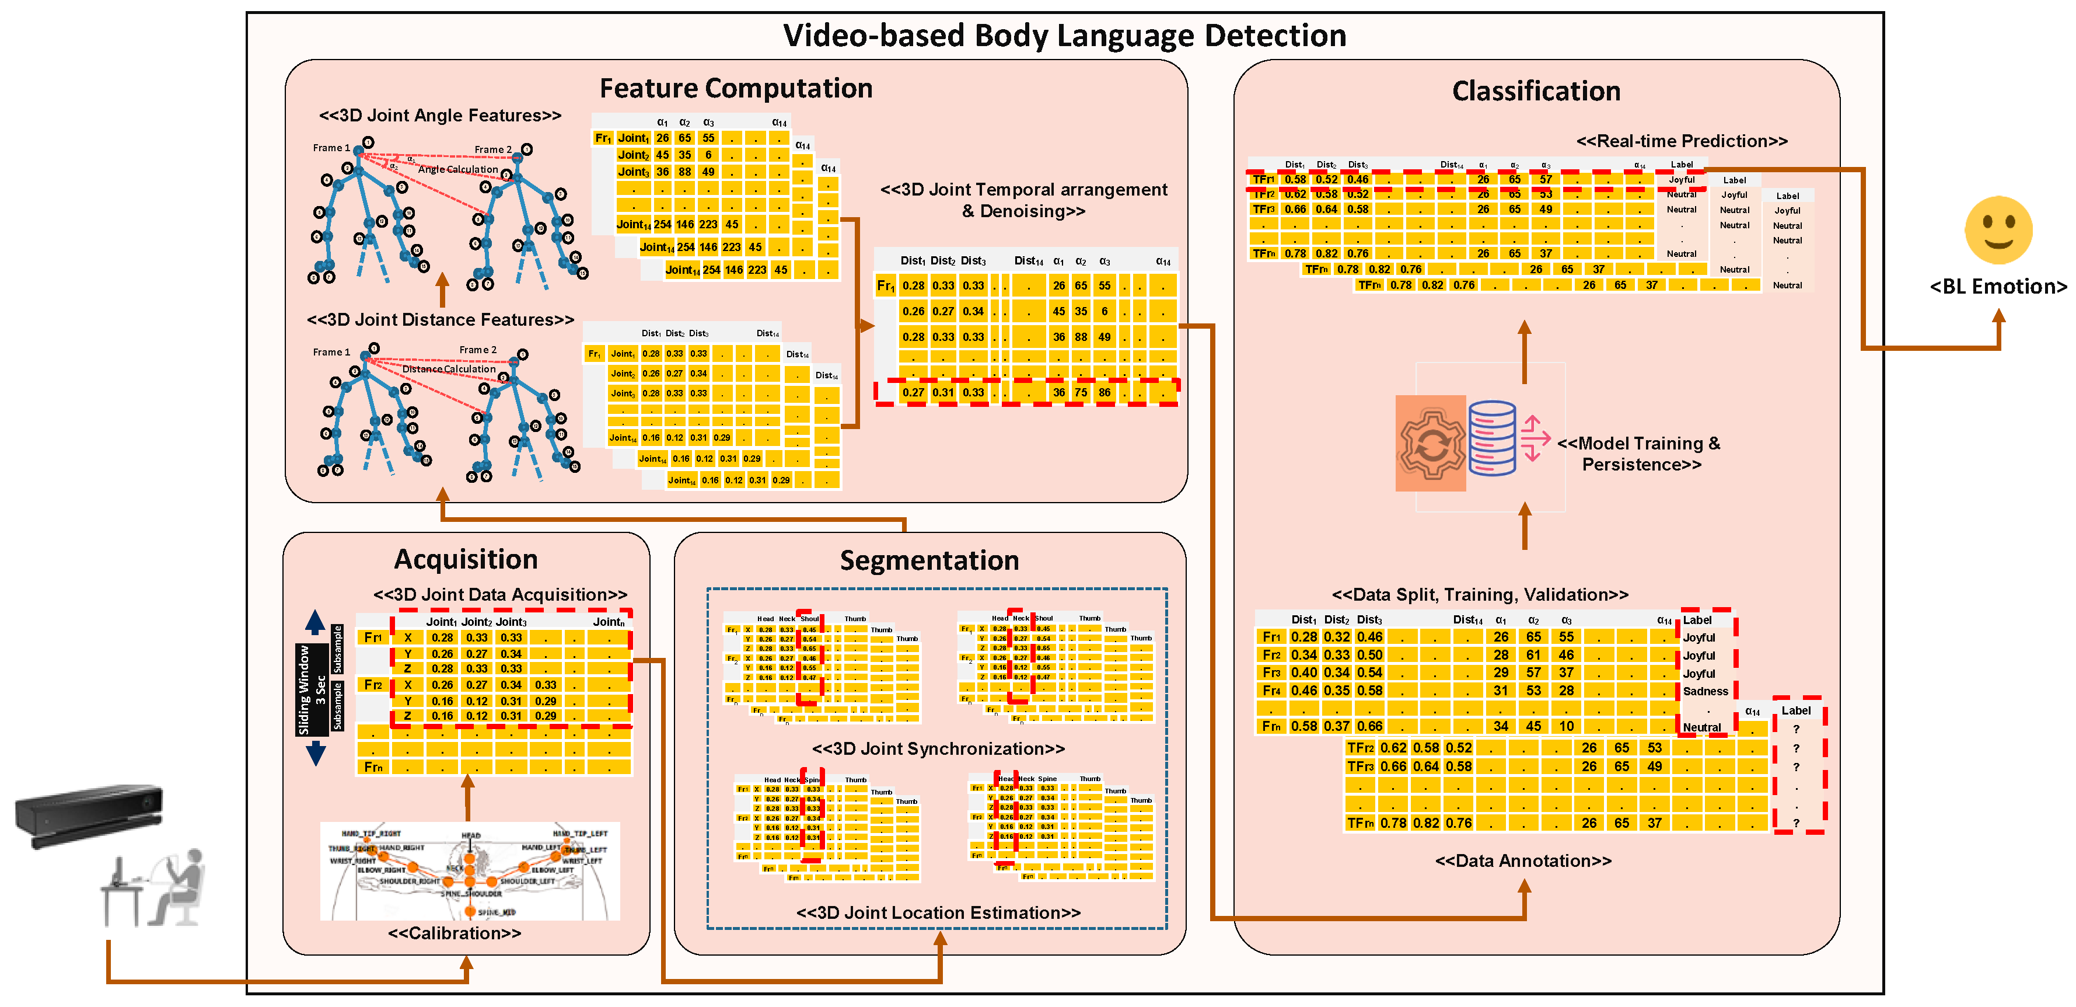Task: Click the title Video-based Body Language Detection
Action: click(1064, 36)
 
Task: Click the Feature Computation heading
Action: click(735, 88)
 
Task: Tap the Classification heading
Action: click(1535, 91)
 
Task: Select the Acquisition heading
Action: click(466, 559)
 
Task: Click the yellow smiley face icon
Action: click(1998, 230)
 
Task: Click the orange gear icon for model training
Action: click(1431, 444)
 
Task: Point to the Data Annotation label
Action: click(1522, 861)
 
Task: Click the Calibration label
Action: click(454, 933)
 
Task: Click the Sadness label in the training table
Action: click(1704, 692)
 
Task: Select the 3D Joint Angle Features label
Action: click(439, 115)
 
